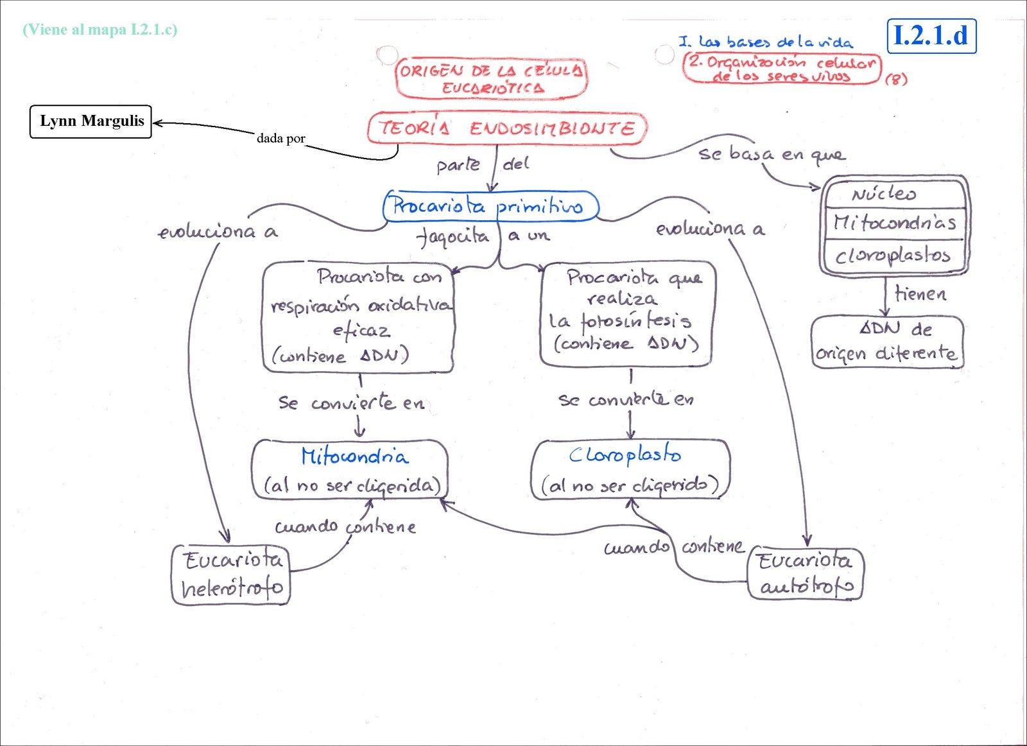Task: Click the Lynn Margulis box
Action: click(91, 121)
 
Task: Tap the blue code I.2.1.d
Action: click(931, 36)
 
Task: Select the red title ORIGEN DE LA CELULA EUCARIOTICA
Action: click(491, 78)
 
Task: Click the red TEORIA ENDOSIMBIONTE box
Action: click(507, 128)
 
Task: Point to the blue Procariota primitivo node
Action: click(490, 206)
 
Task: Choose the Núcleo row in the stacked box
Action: click(885, 194)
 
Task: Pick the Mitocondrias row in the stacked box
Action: click(895, 223)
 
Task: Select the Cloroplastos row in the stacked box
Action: click(892, 256)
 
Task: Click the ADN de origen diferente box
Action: click(887, 342)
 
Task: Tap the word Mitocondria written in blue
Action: click(355, 456)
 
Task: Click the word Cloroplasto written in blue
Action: click(625, 455)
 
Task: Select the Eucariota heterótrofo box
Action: click(231, 575)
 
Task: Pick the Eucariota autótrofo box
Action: click(806, 573)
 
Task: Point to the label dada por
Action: click(280, 138)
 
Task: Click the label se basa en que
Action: click(772, 154)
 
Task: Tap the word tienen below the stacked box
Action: click(920, 294)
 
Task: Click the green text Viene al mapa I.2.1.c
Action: click(100, 30)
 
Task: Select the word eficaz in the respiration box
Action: click(361, 330)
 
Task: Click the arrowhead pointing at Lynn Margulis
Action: click(157, 123)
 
